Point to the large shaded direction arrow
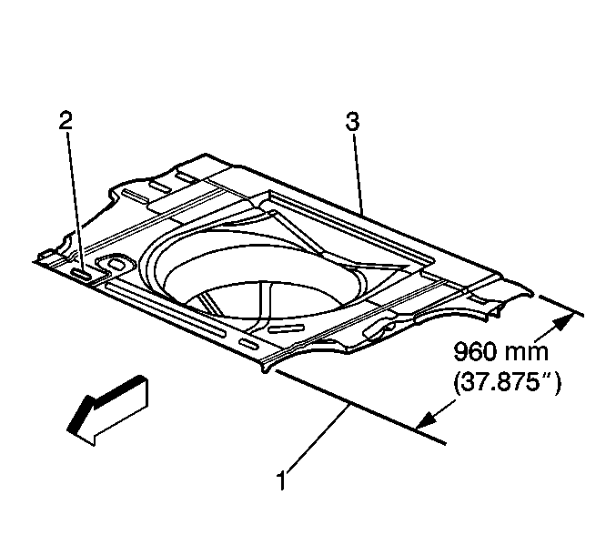point(109,409)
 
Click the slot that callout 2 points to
point(80,271)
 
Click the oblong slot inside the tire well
point(288,326)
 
